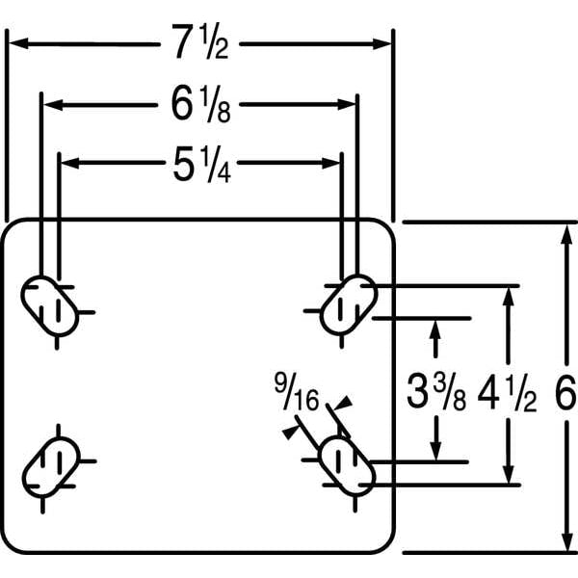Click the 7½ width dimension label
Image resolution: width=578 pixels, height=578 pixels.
click(200, 41)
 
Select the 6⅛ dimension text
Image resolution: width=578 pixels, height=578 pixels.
click(201, 104)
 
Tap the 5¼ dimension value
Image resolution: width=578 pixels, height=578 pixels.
click(202, 165)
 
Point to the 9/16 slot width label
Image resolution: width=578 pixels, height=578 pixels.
click(297, 391)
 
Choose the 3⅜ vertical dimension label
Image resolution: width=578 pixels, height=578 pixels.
click(436, 391)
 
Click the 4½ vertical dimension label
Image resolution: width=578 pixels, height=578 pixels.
click(508, 392)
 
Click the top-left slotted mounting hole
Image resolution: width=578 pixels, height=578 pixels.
click(50, 305)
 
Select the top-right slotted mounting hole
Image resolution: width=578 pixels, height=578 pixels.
click(349, 304)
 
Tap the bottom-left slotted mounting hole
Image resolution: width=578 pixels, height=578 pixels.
click(51, 467)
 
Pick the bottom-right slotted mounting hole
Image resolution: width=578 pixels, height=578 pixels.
click(348, 465)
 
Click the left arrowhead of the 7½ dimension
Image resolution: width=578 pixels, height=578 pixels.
click(18, 43)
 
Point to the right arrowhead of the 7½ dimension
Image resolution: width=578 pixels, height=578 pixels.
click(381, 44)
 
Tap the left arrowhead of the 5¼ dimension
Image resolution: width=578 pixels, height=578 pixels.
click(70, 163)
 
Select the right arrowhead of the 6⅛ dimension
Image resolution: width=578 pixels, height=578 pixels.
click(347, 105)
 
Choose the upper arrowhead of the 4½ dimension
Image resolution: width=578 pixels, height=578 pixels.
click(509, 297)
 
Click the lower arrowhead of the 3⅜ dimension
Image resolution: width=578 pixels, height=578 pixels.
click(436, 451)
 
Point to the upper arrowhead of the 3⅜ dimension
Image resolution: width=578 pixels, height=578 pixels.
click(435, 328)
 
